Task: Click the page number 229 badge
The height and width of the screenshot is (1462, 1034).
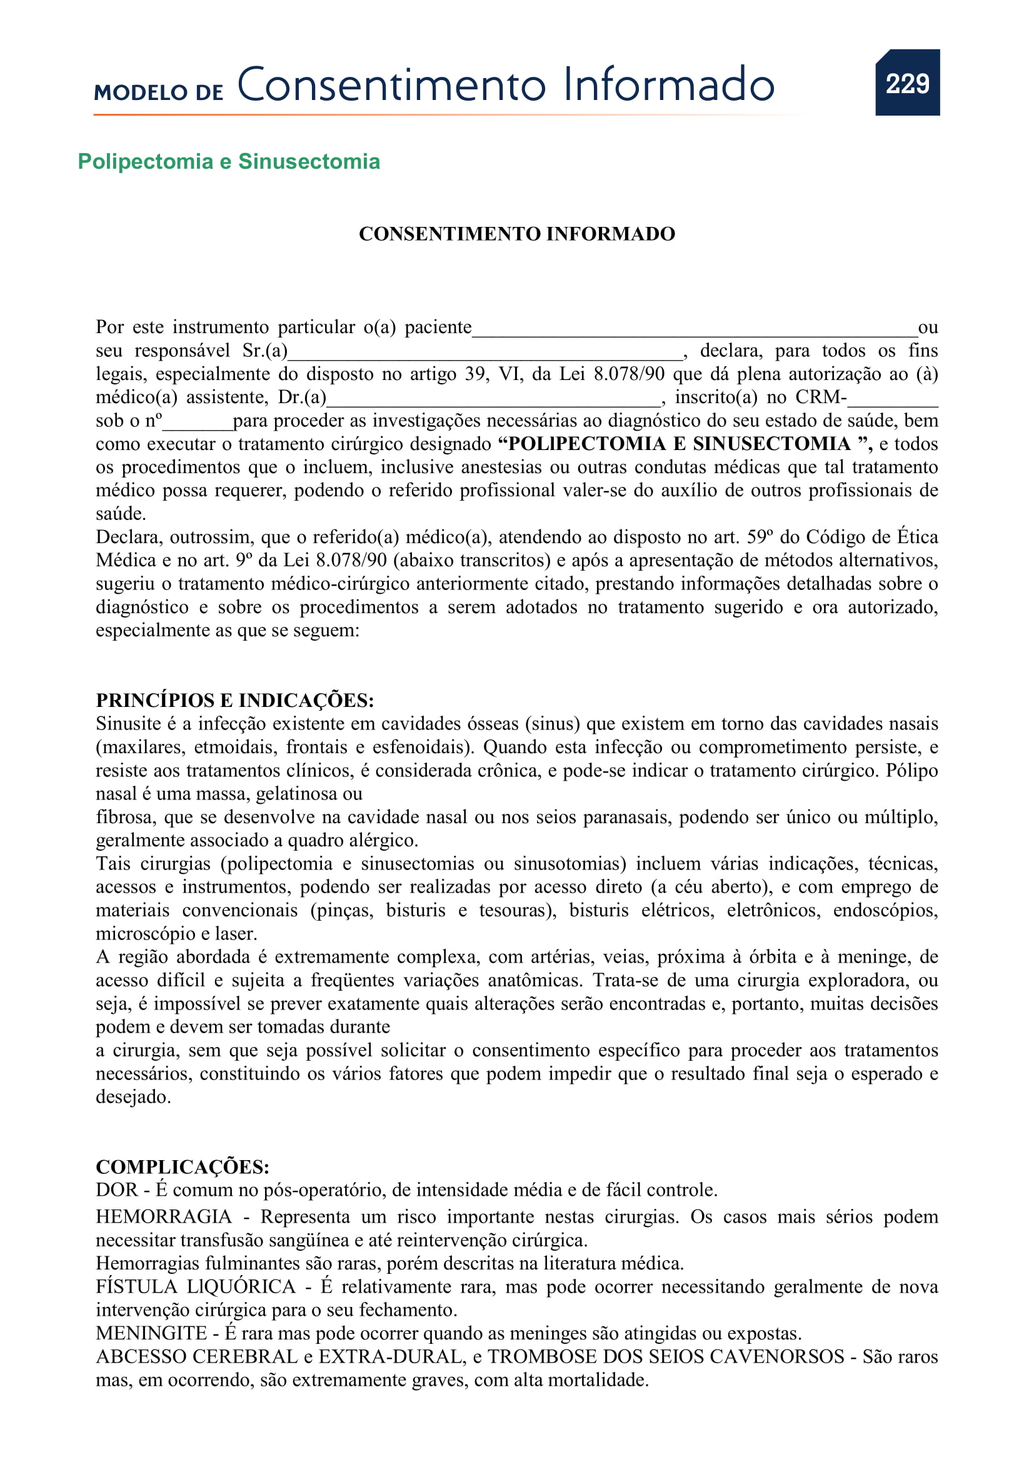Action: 906,83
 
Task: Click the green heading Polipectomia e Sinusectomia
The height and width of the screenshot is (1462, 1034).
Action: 229,162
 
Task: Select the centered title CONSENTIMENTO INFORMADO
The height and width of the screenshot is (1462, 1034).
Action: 516,234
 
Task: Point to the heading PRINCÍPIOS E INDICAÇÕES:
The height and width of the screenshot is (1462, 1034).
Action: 235,700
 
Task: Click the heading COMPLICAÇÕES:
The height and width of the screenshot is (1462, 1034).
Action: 183,1166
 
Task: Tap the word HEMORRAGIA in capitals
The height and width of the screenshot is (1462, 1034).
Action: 164,1217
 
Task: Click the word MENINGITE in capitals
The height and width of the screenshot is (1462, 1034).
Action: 151,1333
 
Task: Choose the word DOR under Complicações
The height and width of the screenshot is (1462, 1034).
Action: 116,1190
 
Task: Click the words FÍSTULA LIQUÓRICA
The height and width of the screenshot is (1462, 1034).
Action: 196,1287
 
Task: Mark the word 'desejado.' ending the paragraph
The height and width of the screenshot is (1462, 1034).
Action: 133,1097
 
